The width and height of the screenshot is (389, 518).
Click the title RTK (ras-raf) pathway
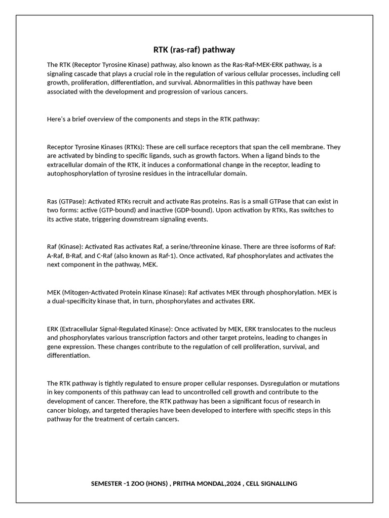[194, 50]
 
